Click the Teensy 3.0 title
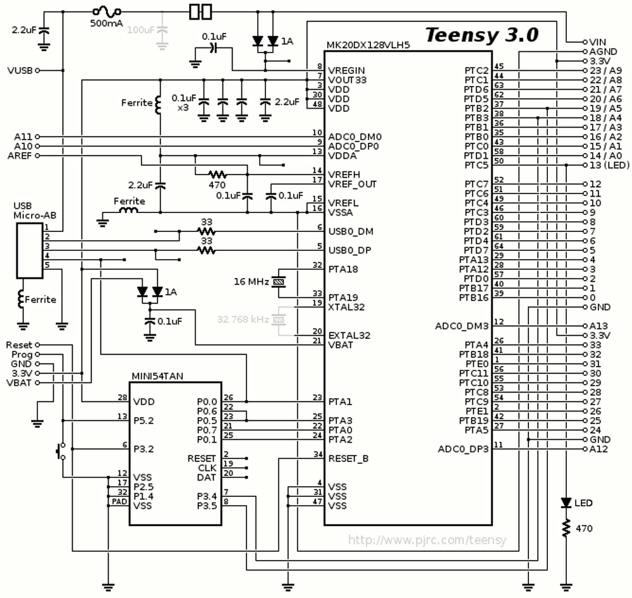482,35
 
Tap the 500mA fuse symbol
106,11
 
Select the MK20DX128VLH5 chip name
368,45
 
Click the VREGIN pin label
346,71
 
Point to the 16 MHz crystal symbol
279,282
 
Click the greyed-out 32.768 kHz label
243,319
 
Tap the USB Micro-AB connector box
30,251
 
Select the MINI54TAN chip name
157,376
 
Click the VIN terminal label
597,42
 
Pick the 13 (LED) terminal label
609,166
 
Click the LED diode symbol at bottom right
566,503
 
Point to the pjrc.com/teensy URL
427,540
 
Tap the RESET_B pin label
348,459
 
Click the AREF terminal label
20,156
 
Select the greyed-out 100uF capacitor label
141,30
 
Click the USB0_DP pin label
350,250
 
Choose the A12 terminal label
598,449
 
